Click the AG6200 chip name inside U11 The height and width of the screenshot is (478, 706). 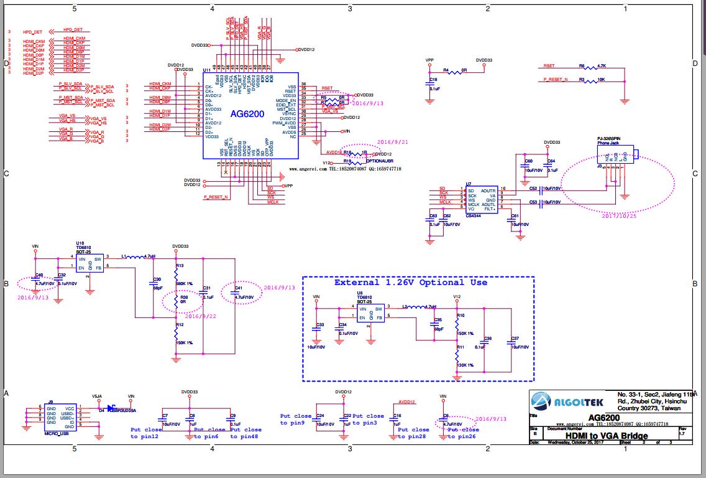click(x=247, y=114)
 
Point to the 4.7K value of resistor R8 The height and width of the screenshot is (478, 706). click(x=601, y=65)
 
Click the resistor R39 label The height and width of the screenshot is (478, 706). click(x=184, y=298)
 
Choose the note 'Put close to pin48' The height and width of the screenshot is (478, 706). click(x=246, y=433)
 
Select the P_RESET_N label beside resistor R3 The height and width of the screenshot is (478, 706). click(x=556, y=80)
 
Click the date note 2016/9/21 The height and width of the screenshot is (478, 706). click(x=392, y=142)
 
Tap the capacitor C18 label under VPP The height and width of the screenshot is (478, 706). click(x=433, y=80)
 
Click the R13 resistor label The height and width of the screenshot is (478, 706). click(x=180, y=266)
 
